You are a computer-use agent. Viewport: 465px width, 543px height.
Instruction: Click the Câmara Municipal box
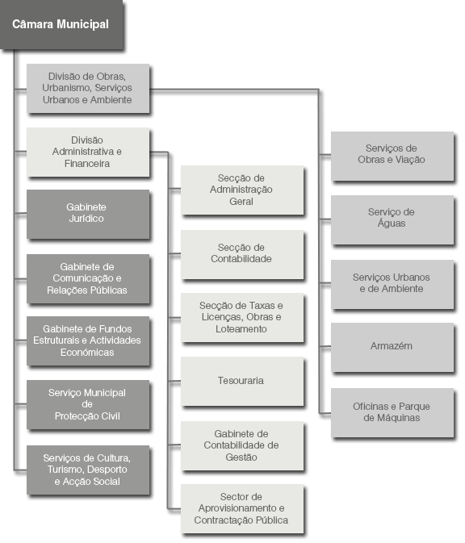(61, 24)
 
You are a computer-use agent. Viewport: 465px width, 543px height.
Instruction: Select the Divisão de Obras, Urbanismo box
(88, 88)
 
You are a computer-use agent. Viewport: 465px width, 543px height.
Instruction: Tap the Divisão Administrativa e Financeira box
(88, 152)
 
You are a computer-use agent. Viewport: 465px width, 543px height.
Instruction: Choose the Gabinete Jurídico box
(88, 214)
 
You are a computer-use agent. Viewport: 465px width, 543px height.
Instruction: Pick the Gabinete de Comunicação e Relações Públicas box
(88, 279)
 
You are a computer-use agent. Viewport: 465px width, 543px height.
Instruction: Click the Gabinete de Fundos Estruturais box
(88, 340)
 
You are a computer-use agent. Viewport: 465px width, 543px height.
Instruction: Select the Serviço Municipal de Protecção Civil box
(88, 404)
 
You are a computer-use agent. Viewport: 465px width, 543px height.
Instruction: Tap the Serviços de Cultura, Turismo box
(88, 470)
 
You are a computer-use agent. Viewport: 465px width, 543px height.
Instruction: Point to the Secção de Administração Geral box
(242, 190)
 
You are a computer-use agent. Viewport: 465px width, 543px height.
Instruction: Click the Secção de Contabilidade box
(242, 254)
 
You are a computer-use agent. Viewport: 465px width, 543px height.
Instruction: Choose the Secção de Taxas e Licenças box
(242, 317)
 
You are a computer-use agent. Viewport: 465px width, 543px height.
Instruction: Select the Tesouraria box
(242, 381)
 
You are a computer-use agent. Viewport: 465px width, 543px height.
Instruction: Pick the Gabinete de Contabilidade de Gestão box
(242, 445)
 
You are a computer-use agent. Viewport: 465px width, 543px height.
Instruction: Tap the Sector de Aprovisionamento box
(242, 509)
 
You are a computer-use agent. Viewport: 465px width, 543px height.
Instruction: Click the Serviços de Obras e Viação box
(392, 156)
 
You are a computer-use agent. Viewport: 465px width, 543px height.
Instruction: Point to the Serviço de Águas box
(392, 219)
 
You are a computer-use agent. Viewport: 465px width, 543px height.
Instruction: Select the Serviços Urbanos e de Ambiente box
(392, 284)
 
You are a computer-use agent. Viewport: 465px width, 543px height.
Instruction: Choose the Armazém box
(392, 347)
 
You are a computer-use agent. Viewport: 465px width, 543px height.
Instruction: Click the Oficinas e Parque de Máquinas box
(392, 412)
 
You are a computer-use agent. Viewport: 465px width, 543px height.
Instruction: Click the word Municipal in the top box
(82, 24)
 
